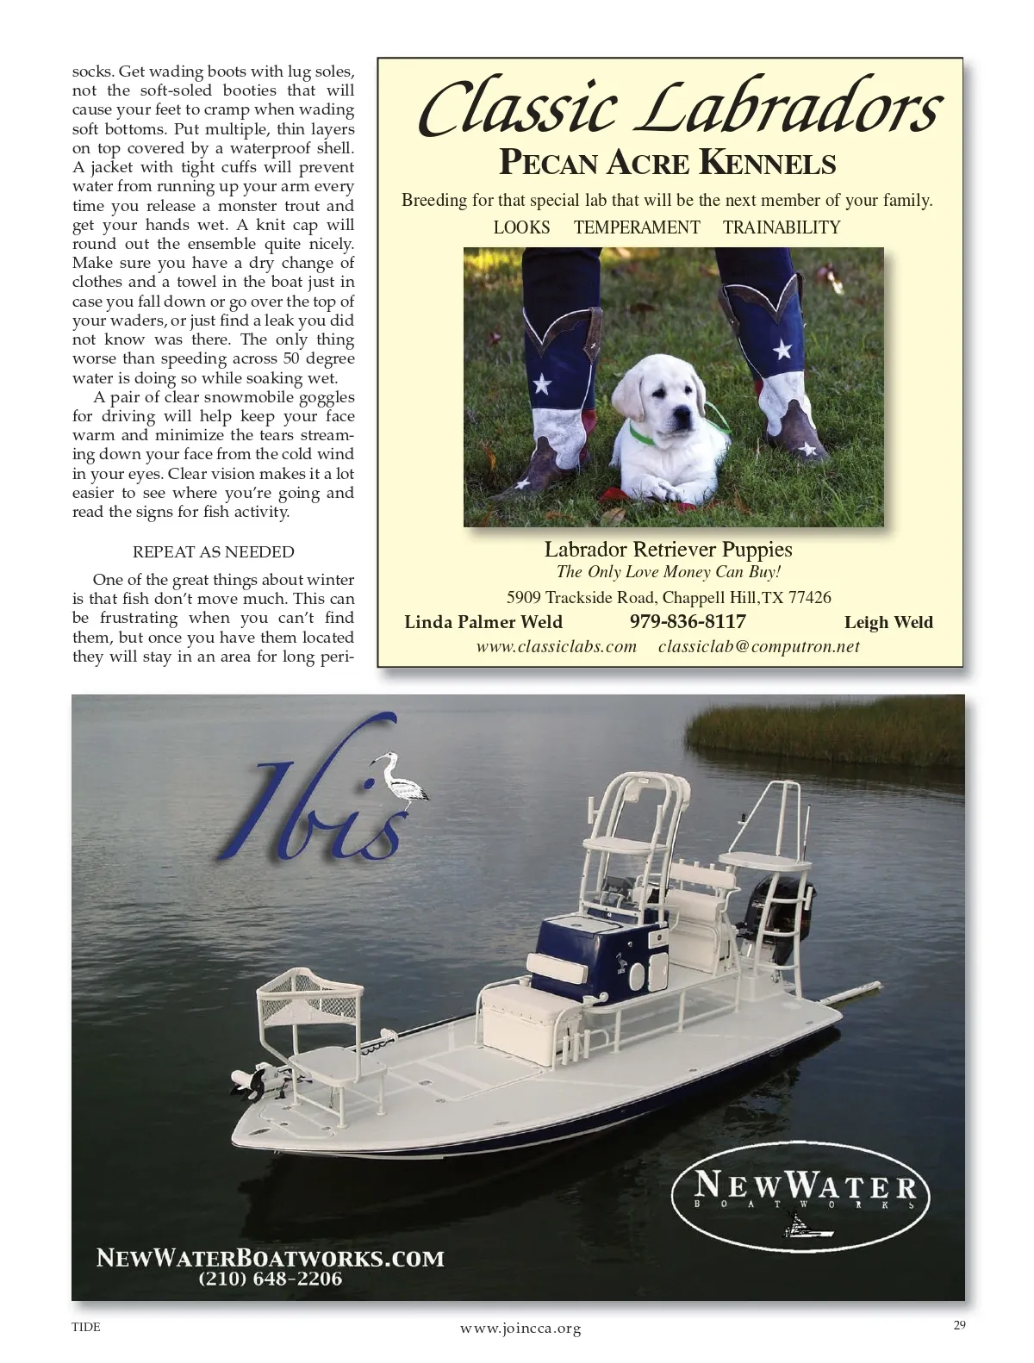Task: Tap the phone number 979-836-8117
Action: tap(688, 621)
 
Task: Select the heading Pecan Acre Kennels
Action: tap(668, 162)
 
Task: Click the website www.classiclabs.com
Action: tap(557, 646)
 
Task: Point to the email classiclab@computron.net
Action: tap(758, 646)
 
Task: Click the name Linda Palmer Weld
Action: tap(483, 622)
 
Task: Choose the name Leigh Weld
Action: tap(888, 622)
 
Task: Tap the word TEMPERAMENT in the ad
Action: tap(637, 227)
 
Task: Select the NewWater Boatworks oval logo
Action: tap(800, 1193)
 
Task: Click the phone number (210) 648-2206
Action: tap(271, 1279)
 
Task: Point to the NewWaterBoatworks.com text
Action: tap(271, 1257)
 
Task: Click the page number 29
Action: tap(959, 1325)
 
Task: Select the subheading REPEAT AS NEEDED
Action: tap(213, 552)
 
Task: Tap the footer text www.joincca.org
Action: tap(520, 1329)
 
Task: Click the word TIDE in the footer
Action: tap(85, 1327)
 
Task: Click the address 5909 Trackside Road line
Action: tap(669, 597)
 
